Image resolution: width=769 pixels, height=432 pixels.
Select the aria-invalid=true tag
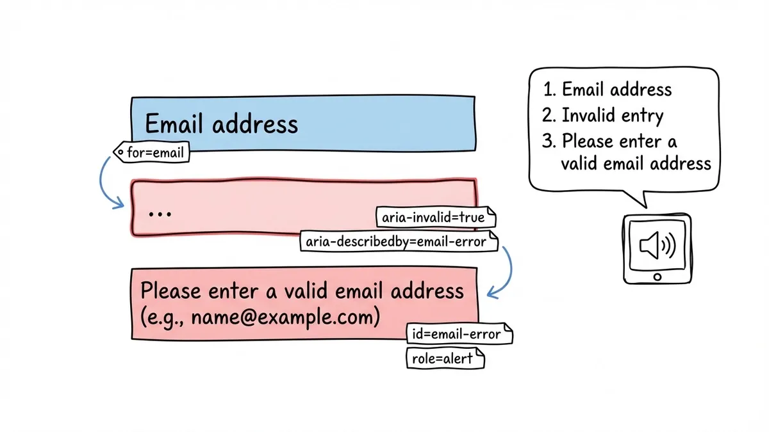tap(435, 218)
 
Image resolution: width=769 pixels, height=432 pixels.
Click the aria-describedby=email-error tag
tap(401, 241)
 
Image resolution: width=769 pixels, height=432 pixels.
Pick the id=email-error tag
tap(459, 334)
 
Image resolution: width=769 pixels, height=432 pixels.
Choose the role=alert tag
tap(445, 358)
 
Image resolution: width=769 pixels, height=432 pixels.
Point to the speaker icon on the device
tap(657, 246)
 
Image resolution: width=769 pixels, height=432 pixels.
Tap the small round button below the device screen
tap(656, 277)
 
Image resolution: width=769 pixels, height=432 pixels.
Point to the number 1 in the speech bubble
tap(547, 90)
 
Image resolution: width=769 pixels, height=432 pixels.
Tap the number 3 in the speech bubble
tap(547, 141)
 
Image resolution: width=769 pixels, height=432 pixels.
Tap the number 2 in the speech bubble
tap(547, 116)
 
